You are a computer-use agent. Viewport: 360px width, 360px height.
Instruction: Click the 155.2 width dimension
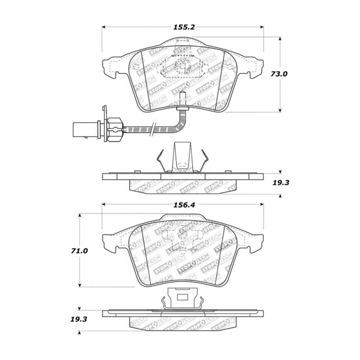pyautogui.click(x=184, y=27)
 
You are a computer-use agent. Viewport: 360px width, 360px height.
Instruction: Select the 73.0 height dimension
pyautogui.click(x=279, y=74)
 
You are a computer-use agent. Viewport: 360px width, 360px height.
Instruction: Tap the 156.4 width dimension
pyautogui.click(x=184, y=205)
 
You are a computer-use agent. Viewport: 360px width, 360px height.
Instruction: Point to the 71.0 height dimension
pyautogui.click(x=79, y=251)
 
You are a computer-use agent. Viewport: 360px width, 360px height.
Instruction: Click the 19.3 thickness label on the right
pyautogui.click(x=281, y=183)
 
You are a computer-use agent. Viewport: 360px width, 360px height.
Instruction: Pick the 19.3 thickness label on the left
pyautogui.click(x=79, y=319)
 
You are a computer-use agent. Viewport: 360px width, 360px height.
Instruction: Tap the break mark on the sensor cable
pyautogui.click(x=152, y=130)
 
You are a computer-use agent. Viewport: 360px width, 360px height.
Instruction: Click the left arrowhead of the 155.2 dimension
pyautogui.click(x=103, y=27)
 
